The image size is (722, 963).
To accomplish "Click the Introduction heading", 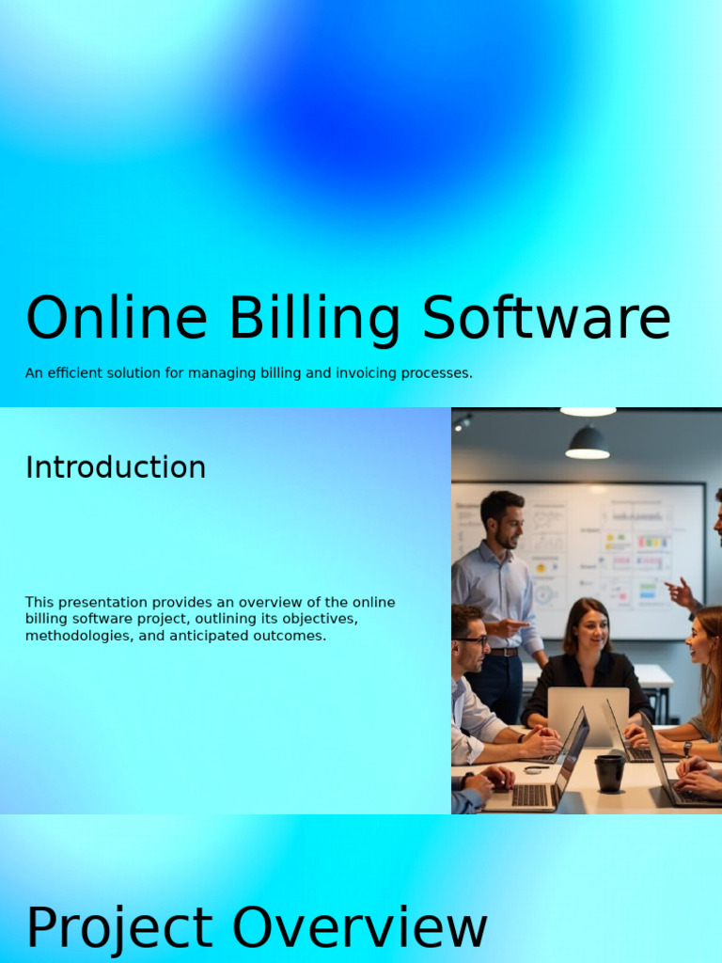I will (116, 467).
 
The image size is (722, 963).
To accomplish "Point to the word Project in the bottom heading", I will (118, 929).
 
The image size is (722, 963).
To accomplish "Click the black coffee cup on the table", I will (608, 772).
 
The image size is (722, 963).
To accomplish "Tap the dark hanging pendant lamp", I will (588, 443).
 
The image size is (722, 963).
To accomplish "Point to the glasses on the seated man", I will (473, 640).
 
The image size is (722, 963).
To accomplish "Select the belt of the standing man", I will (503, 652).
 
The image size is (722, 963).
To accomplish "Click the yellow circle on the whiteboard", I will (540, 568).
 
